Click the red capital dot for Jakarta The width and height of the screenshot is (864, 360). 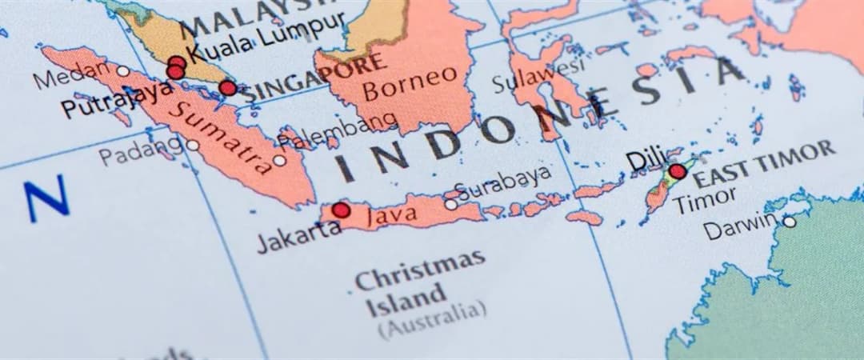(341, 210)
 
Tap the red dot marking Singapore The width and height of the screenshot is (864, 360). (228, 87)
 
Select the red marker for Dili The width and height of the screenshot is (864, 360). (678, 171)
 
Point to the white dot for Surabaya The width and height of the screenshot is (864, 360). (451, 205)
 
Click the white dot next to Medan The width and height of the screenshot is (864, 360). (122, 71)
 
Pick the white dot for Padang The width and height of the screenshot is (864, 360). (193, 145)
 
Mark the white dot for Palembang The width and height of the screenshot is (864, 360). (278, 160)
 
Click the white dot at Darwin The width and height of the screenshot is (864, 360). (789, 222)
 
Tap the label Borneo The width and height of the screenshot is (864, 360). (410, 83)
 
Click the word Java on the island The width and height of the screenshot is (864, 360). (391, 214)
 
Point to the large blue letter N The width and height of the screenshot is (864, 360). (46, 201)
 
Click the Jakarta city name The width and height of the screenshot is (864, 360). (298, 236)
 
